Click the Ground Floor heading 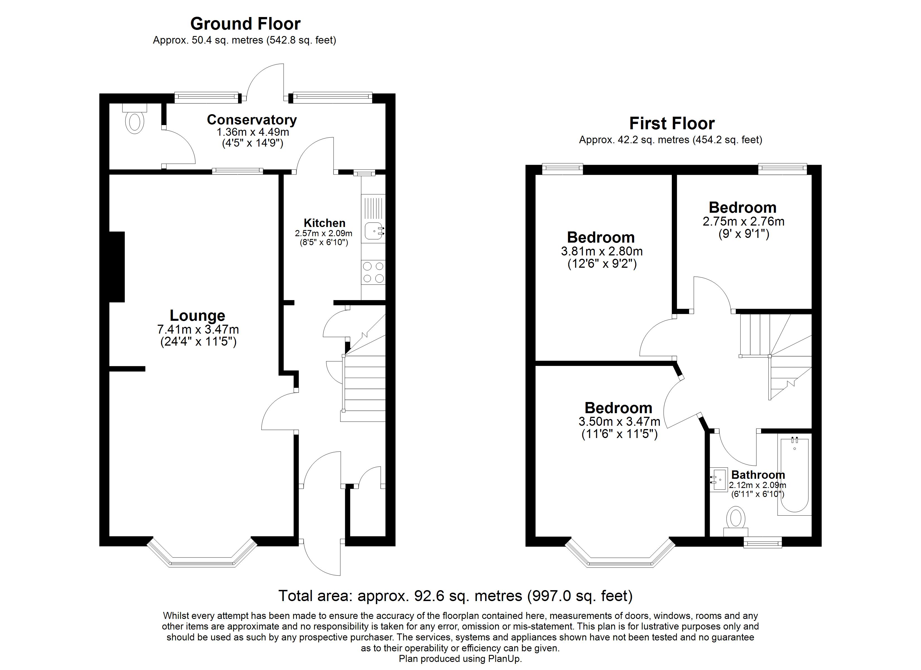click(245, 24)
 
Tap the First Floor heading click(672, 123)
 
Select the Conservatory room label click(252, 120)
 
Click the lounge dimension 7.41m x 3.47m click(198, 329)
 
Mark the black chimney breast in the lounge click(117, 267)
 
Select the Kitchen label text click(325, 223)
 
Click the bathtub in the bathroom click(794, 475)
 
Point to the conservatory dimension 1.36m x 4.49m click(253, 132)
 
